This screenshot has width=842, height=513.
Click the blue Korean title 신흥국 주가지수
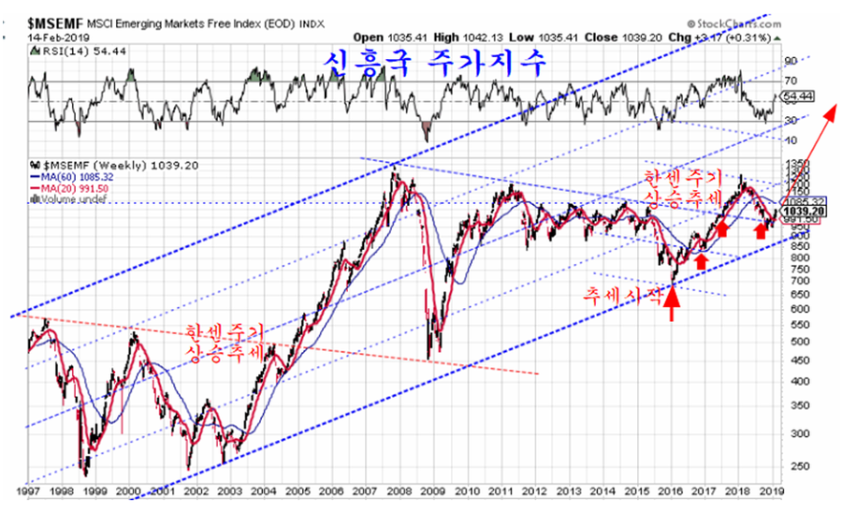tap(438, 64)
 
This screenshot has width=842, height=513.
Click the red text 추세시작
tap(622, 293)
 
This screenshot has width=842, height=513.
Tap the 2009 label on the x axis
tap(431, 489)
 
